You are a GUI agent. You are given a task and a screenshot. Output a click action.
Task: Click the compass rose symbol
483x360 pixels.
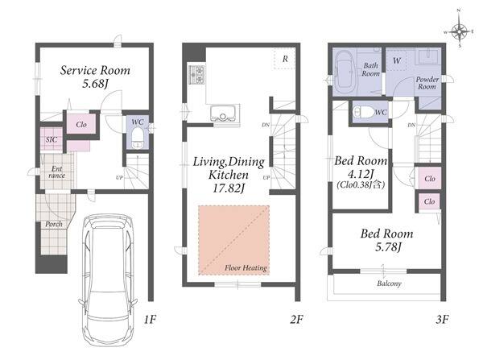[x=459, y=31]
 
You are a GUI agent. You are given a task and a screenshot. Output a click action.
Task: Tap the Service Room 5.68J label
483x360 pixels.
[x=95, y=77]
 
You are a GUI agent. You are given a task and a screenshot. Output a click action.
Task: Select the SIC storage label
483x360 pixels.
[x=52, y=139]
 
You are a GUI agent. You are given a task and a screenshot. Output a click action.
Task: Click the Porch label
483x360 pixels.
[x=54, y=224]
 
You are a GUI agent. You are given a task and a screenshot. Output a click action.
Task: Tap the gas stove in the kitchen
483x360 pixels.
[x=197, y=75]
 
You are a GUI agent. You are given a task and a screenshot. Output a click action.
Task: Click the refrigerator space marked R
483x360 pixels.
[x=285, y=59]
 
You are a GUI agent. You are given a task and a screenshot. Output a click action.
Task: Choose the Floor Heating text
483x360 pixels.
[x=246, y=268]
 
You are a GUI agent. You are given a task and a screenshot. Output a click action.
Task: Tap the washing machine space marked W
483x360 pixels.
[x=396, y=60]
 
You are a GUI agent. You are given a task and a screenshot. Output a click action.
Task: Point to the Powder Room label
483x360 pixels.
[x=427, y=83]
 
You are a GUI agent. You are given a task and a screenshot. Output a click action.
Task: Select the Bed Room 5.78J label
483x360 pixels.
[x=387, y=240]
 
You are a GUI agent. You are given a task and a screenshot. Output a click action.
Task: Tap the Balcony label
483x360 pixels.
[x=389, y=283]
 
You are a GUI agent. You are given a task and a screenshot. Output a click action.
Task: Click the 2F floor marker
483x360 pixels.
[x=296, y=319]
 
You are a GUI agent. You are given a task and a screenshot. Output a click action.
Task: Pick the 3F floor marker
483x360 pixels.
[x=442, y=319]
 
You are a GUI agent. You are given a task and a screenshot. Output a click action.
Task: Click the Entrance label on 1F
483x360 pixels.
[x=57, y=172]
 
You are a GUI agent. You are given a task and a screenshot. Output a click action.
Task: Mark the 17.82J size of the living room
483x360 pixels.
[x=229, y=188]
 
